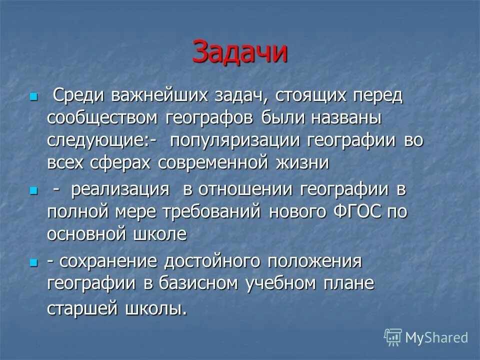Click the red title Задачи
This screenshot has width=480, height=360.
[x=240, y=52]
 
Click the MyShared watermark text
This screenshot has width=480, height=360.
[x=436, y=338]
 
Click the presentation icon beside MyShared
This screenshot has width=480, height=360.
[x=393, y=337]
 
